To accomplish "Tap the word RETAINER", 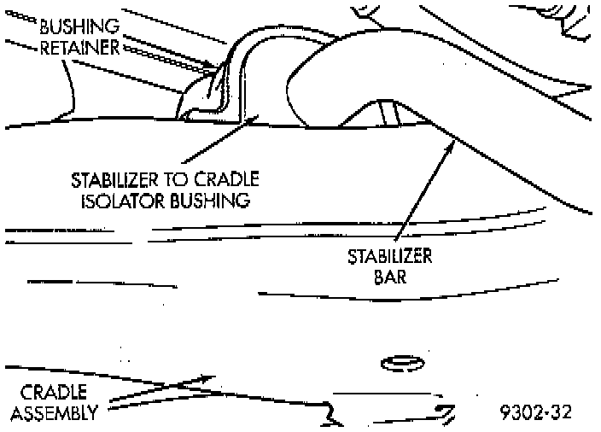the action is (x=79, y=46).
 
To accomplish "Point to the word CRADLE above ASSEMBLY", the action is (x=52, y=394).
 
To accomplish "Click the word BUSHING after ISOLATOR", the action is (x=219, y=201).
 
